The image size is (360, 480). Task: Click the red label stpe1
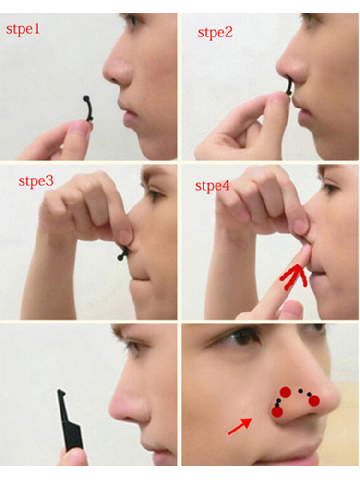click(23, 30)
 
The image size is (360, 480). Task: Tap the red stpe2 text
click(215, 33)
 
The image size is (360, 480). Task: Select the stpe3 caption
click(36, 181)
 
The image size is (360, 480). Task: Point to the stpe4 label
click(212, 186)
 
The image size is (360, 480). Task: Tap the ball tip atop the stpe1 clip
click(86, 98)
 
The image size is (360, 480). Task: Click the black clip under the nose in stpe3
click(123, 254)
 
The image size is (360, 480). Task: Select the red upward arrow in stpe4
click(294, 277)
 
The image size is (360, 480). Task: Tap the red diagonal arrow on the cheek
click(240, 426)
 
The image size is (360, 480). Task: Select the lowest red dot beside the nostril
click(277, 412)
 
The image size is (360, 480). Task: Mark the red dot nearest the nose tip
click(314, 401)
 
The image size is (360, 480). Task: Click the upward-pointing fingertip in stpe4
click(305, 253)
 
